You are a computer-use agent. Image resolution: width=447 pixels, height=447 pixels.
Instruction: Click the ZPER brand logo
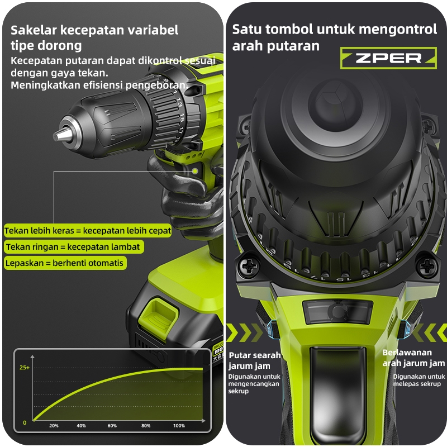coord(388,58)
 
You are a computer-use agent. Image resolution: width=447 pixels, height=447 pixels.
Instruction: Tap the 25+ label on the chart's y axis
coord(25,368)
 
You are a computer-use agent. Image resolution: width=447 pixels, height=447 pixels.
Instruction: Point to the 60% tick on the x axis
coord(112,426)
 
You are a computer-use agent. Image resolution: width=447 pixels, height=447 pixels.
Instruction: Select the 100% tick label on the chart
coord(179,426)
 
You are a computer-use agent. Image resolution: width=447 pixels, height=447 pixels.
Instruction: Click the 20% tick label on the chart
coord(54,426)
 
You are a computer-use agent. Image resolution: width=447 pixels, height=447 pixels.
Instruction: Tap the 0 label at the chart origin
coord(25,423)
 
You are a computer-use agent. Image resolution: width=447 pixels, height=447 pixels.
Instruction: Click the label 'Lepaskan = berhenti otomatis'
coord(65,263)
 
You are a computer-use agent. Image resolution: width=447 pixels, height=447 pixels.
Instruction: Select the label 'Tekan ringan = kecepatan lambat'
coord(74,246)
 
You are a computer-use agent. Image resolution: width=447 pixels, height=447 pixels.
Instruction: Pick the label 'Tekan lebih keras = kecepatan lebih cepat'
coord(88,231)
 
